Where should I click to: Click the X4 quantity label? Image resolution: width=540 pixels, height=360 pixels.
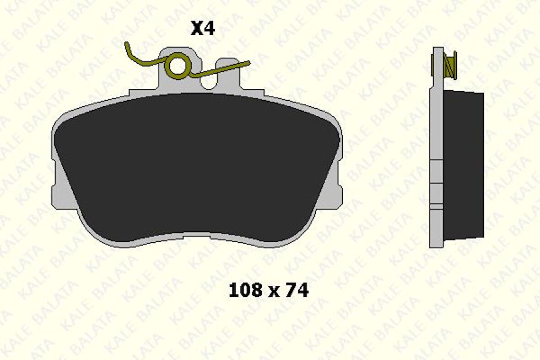pyautogui.click(x=202, y=29)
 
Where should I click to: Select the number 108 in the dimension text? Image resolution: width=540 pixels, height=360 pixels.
pyautogui.click(x=245, y=290)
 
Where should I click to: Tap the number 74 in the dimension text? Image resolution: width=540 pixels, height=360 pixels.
pyautogui.click(x=297, y=290)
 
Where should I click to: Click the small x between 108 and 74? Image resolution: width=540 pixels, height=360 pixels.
pyautogui.click(x=274, y=292)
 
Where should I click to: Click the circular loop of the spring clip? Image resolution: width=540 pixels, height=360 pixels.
pyautogui.click(x=177, y=65)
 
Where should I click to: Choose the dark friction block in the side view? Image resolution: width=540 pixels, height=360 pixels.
pyautogui.click(x=463, y=165)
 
